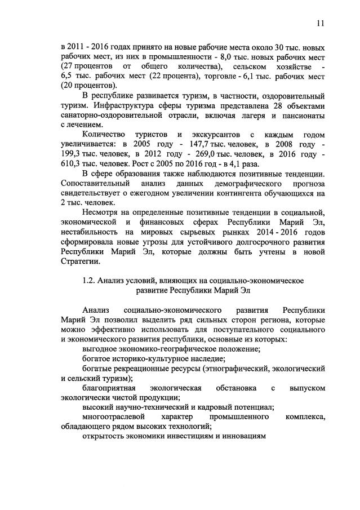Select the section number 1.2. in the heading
point(91,280)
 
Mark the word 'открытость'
point(103,436)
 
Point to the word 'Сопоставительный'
point(94,183)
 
